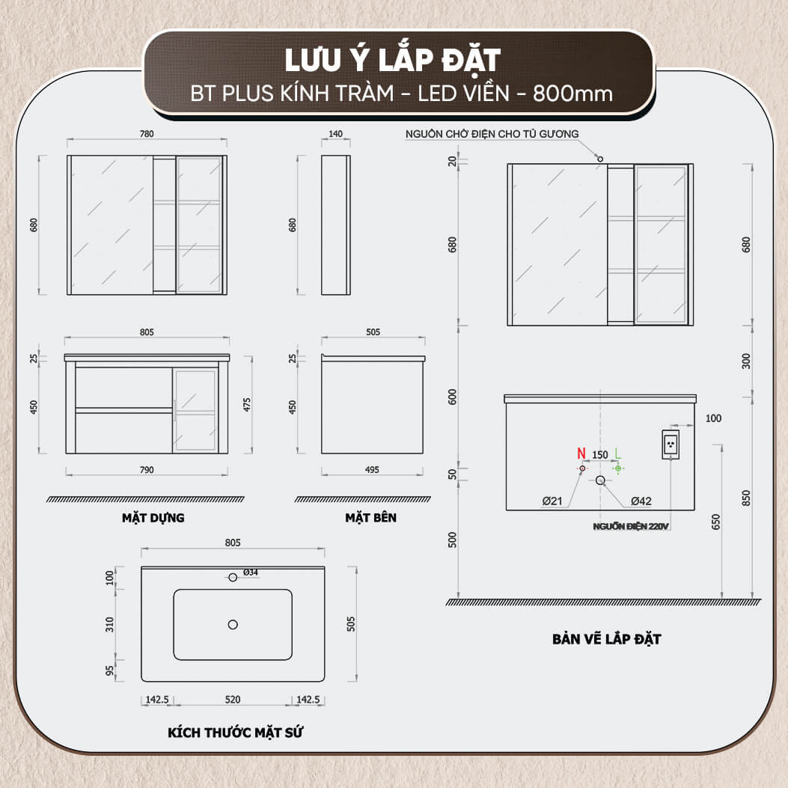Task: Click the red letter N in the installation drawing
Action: [x=581, y=453]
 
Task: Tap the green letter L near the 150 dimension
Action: [x=617, y=453]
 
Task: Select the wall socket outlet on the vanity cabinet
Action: [x=671, y=445]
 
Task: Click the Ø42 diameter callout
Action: [x=641, y=501]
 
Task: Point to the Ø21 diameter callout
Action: [x=552, y=501]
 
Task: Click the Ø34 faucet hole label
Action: [x=250, y=572]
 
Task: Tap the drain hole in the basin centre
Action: [x=233, y=624]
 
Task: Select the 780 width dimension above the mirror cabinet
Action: [x=147, y=134]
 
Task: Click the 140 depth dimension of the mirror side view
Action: [x=335, y=134]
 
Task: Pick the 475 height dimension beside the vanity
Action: [x=247, y=405]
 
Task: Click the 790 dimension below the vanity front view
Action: [x=147, y=470]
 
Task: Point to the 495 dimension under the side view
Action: [x=373, y=470]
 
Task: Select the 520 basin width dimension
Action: [x=233, y=700]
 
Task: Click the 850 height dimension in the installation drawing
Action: [x=746, y=498]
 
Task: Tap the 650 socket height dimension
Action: [x=716, y=522]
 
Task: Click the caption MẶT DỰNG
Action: [x=153, y=518]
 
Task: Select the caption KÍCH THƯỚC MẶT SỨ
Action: [x=235, y=732]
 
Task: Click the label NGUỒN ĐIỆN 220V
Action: [x=631, y=526]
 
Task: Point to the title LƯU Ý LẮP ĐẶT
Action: [x=392, y=60]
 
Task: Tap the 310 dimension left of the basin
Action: [x=109, y=625]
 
